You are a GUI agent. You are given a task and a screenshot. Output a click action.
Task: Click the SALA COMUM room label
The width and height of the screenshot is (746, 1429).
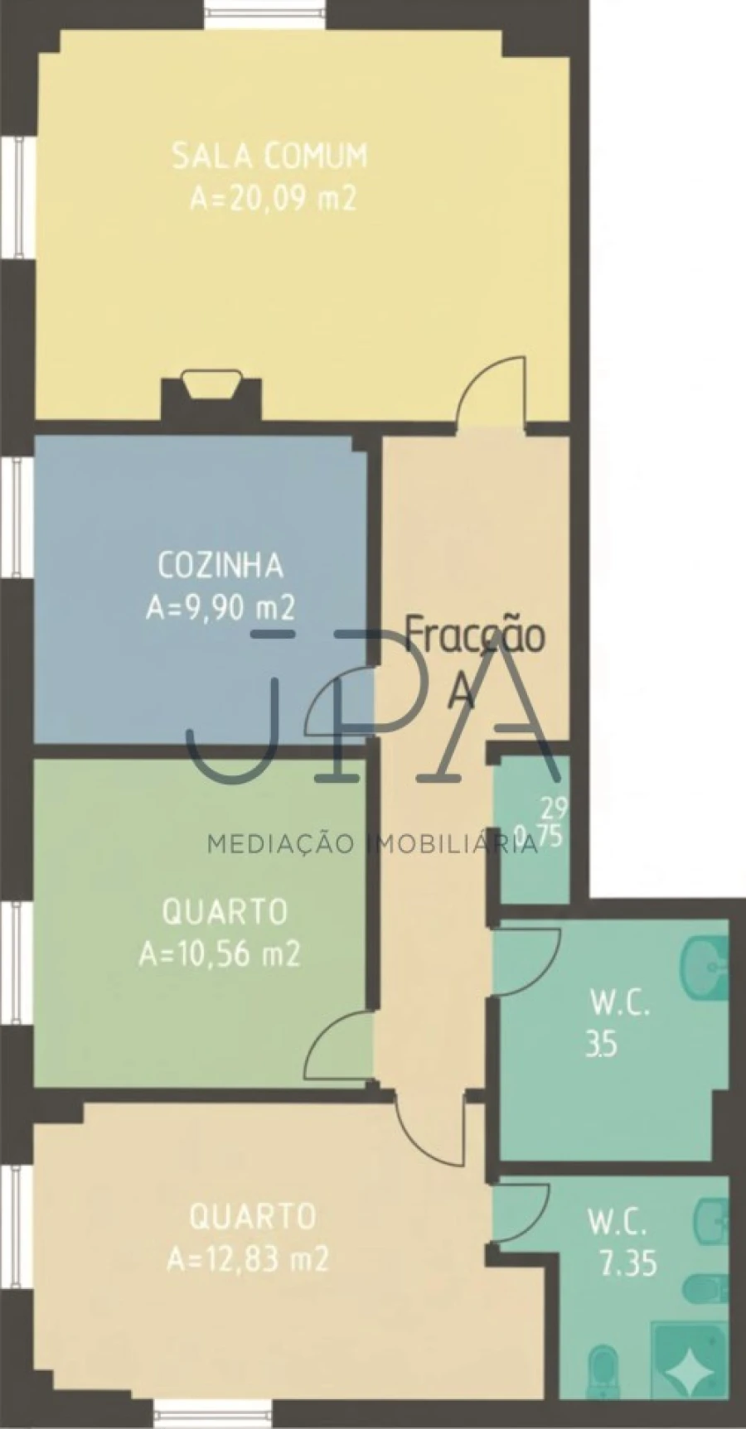pos(269,156)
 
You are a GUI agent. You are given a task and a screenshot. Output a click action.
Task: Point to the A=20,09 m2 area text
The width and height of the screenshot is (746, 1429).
pos(273,199)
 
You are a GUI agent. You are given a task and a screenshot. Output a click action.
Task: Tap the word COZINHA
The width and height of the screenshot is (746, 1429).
pos(220,566)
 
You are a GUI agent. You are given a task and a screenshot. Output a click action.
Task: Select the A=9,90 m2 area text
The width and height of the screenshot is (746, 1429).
pos(220,609)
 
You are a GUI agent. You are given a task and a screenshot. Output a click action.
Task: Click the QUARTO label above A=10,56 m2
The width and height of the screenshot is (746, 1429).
pos(225,912)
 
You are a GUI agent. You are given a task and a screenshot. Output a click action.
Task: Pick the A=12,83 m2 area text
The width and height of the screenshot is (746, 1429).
pos(248,1260)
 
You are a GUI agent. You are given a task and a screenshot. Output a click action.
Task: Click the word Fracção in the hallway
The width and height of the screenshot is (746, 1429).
pos(475,635)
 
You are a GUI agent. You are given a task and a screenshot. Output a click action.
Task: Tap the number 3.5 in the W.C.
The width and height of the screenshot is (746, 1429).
pos(601,1045)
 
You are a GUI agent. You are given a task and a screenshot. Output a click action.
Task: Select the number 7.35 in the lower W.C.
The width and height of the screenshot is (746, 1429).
pos(628,1264)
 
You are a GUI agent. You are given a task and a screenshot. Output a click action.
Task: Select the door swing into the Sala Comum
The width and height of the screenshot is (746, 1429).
pos(494,389)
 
